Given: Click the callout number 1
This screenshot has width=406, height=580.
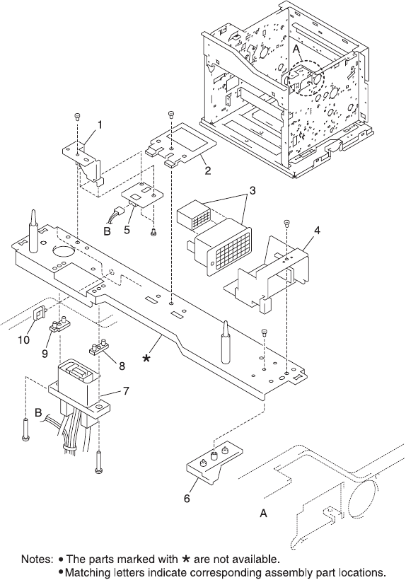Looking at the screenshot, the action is [x=99, y=125].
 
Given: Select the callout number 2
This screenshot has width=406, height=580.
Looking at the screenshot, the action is [x=208, y=170].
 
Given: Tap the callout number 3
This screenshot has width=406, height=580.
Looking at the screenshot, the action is [x=253, y=191].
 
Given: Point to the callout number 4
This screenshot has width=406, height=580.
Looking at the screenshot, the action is [x=317, y=231].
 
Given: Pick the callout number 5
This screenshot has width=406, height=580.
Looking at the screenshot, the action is [x=127, y=230].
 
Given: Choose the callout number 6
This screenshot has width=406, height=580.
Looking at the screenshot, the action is [x=187, y=498].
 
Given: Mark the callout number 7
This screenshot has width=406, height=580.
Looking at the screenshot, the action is [x=126, y=390].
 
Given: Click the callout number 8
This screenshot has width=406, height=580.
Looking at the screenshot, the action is [x=122, y=366].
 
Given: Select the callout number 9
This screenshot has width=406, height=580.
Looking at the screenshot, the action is [x=45, y=354].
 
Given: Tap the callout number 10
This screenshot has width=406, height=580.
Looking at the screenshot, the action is [x=24, y=340].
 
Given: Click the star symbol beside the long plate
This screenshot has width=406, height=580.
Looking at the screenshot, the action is [x=147, y=358].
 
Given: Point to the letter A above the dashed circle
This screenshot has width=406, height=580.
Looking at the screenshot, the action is [x=296, y=49].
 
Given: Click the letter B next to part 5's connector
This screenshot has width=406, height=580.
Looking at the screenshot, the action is [x=108, y=232].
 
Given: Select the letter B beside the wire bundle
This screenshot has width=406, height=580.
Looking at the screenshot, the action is [x=38, y=412].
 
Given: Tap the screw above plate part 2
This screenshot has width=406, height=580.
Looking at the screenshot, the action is [x=170, y=114].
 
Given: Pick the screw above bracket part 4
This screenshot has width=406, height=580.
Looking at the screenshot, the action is [x=287, y=222].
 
